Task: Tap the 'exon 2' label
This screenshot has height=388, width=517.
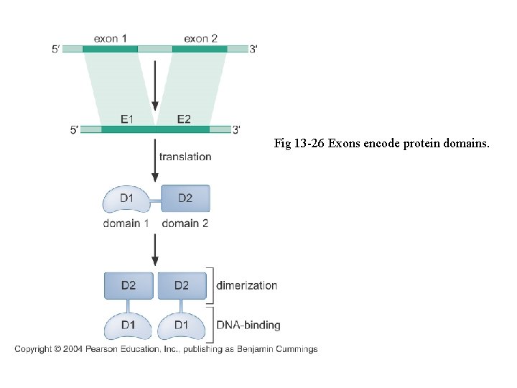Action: (200, 38)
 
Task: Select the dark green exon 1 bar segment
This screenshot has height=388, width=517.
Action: (110, 49)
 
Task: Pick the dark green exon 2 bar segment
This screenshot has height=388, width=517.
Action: (200, 49)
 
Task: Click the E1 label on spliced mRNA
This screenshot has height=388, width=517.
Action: (126, 119)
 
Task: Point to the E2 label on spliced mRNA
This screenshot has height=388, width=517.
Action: (184, 119)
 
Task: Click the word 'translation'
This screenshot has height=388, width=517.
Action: (185, 157)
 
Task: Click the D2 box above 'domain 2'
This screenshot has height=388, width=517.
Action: (185, 198)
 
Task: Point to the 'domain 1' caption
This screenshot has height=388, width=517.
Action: (126, 223)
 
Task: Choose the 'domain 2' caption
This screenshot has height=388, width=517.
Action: (185, 223)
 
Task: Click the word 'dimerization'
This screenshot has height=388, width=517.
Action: (246, 285)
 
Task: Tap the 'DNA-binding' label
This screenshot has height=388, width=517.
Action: (248, 325)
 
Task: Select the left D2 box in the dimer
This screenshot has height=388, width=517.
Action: (129, 285)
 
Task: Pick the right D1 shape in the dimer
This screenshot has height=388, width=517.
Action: (181, 325)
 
